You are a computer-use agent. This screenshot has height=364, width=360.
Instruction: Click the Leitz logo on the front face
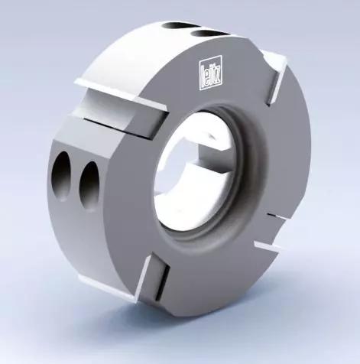point(210,73)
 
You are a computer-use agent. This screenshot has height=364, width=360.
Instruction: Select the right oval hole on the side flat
point(89,185)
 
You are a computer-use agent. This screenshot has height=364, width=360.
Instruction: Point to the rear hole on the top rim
point(176,25)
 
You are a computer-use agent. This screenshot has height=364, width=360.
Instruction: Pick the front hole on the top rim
point(208,33)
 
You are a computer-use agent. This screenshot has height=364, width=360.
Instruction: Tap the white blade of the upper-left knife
point(120,94)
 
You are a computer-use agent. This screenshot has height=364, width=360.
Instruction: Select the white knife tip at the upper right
point(275,60)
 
